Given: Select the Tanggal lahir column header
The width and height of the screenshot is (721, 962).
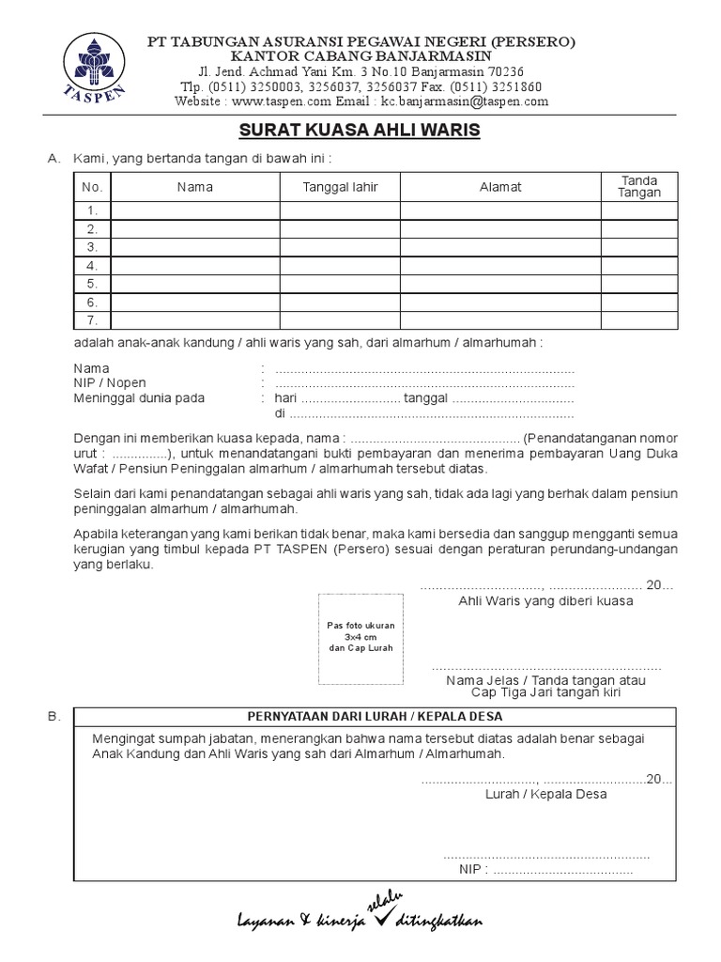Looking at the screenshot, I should point(340,187).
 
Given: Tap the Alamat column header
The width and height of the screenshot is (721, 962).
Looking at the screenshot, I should point(500,187).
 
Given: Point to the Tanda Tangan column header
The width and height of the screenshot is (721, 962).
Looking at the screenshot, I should point(639,187).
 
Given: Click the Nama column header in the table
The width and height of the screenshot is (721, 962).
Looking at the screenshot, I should point(195,187).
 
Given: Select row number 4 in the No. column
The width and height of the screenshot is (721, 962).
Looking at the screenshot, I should point(93,266).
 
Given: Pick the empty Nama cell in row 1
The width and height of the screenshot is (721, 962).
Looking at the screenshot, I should point(195,210).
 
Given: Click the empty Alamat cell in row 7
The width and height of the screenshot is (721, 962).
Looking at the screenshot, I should point(500,320).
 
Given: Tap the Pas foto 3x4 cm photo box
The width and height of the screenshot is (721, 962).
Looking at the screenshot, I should point(360,638).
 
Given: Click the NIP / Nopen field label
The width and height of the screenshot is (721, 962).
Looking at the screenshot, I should point(110,383).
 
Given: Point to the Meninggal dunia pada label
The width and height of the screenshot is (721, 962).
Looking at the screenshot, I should point(139,397).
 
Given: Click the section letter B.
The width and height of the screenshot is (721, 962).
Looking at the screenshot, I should point(53,717).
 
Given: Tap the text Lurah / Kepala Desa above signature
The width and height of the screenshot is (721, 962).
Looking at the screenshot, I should point(545,794).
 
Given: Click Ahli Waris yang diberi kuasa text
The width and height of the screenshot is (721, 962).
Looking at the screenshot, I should point(545,600).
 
